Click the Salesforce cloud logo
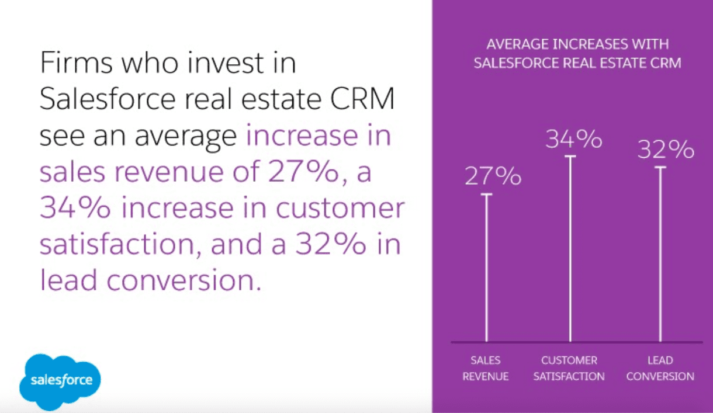click(x=60, y=381)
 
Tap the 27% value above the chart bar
click(x=493, y=176)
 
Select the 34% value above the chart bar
click(x=573, y=139)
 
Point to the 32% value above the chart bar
click(x=666, y=149)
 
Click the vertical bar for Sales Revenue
click(x=486, y=268)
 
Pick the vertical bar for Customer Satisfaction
click(x=570, y=249)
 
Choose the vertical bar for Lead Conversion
click(x=660, y=254)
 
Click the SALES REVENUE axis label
click(x=486, y=369)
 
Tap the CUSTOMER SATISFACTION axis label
click(x=569, y=369)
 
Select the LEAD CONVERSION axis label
click(x=660, y=369)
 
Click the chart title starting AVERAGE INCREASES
click(x=577, y=54)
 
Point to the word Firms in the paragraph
click(x=76, y=63)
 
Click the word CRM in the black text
click(x=362, y=99)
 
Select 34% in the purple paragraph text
click(x=75, y=207)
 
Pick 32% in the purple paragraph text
click(x=331, y=244)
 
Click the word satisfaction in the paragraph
click(x=117, y=244)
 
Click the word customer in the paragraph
click(x=340, y=209)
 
